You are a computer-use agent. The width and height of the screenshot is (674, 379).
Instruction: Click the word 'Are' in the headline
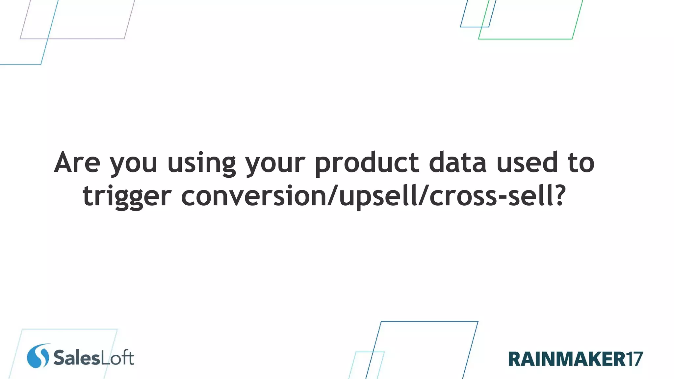pos(77,162)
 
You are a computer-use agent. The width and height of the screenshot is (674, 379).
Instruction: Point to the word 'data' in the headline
pos(457,162)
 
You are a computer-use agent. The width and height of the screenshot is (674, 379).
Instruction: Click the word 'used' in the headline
pos(527,162)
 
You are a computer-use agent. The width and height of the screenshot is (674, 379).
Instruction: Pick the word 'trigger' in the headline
pos(127,196)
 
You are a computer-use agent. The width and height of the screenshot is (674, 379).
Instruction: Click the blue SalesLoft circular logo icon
pos(38,356)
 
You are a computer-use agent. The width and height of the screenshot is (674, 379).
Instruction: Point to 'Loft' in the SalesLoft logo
pos(117,358)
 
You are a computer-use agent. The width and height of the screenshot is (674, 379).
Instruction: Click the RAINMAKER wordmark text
pos(566,359)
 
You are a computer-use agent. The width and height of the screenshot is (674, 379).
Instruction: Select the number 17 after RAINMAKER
pos(634,359)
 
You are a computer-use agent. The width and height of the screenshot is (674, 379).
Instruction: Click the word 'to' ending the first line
pos(581,162)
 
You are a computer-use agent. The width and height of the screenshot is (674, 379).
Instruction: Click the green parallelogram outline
pos(526,39)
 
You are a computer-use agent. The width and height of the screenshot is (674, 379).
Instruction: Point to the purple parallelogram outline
pos(72,38)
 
